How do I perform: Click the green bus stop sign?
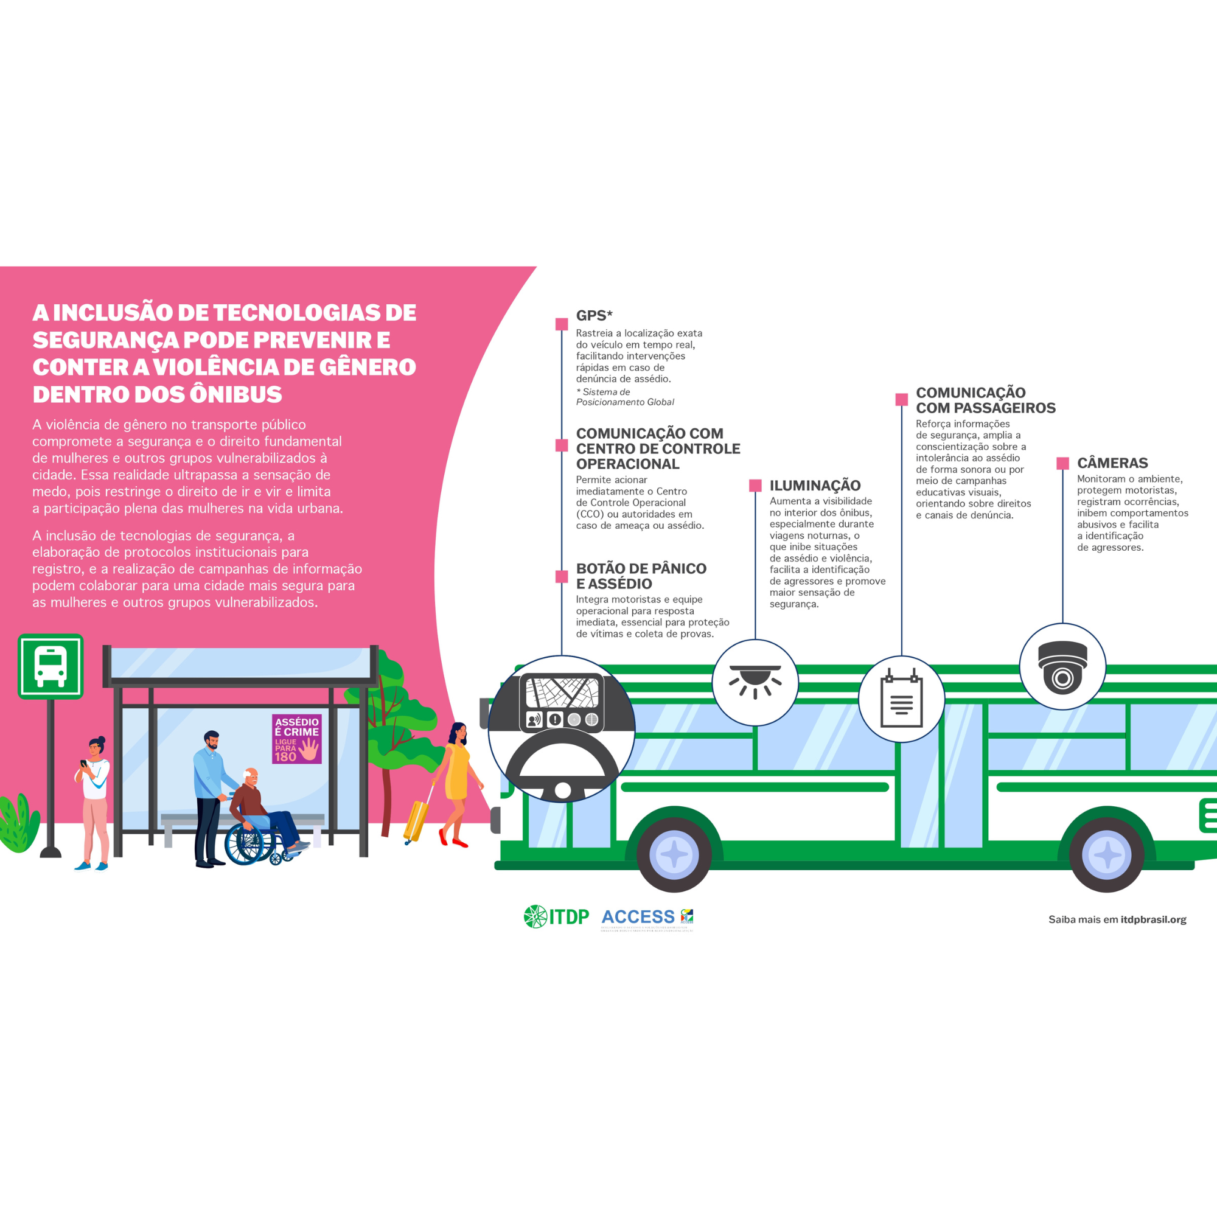(x=51, y=666)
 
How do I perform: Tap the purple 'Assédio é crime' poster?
(x=297, y=739)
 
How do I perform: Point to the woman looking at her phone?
(x=94, y=800)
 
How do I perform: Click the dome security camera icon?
(x=1062, y=667)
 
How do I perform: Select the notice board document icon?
(x=901, y=699)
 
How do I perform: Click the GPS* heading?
(x=594, y=316)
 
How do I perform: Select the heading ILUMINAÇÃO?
(x=815, y=485)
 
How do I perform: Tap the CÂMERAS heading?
(x=1112, y=463)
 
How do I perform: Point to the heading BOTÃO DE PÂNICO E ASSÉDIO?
(x=641, y=576)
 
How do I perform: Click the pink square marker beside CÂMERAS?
(x=1062, y=464)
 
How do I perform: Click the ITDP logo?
(x=556, y=916)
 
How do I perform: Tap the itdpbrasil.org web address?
(x=1152, y=919)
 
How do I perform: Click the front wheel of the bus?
(x=674, y=855)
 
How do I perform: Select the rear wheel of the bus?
(x=1106, y=855)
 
